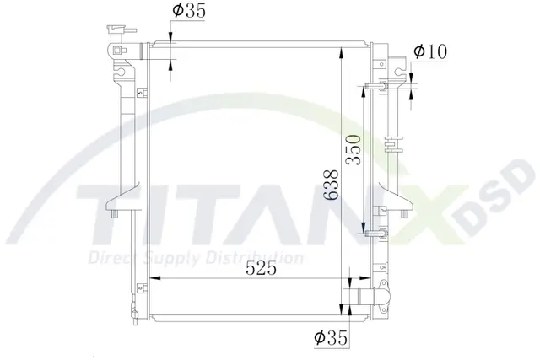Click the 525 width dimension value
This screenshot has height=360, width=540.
(x=261, y=268)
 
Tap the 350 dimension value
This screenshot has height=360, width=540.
(x=354, y=149)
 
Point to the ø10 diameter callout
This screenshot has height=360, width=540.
(x=430, y=51)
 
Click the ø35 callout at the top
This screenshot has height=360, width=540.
(x=189, y=10)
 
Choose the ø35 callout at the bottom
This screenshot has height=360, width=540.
(x=331, y=337)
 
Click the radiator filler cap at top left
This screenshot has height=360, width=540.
(x=119, y=30)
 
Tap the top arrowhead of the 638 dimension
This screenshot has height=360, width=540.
(x=341, y=54)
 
